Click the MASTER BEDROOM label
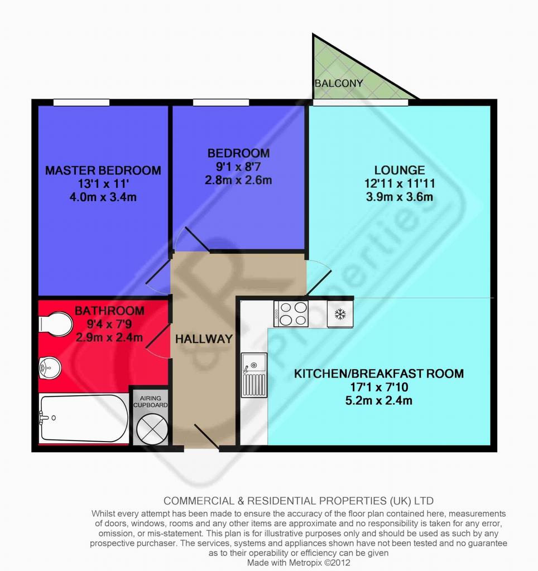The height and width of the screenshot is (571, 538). click(103, 170)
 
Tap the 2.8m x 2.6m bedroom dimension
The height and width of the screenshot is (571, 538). click(238, 180)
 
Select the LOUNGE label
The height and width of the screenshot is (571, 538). click(400, 170)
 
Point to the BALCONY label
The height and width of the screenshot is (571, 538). click(339, 84)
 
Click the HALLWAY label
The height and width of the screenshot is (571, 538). click(204, 339)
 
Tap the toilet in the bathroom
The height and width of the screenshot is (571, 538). click(55, 323)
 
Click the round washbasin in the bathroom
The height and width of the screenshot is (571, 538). click(50, 367)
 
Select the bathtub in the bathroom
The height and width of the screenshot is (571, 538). click(84, 418)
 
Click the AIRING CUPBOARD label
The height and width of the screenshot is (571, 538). click(151, 401)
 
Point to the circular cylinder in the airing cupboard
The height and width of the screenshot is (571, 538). click(152, 429)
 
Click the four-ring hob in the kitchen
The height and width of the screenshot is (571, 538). click(291, 314)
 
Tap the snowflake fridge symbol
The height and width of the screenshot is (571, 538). click(340, 314)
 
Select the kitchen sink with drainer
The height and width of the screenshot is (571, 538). click(254, 375)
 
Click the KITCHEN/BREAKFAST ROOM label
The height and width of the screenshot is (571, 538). click(379, 374)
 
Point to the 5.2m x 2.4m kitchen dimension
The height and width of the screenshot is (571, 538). click(379, 400)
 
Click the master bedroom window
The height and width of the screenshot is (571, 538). click(81, 103)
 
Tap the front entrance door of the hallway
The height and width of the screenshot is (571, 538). click(206, 437)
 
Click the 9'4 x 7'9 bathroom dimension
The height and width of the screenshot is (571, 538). click(109, 324)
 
